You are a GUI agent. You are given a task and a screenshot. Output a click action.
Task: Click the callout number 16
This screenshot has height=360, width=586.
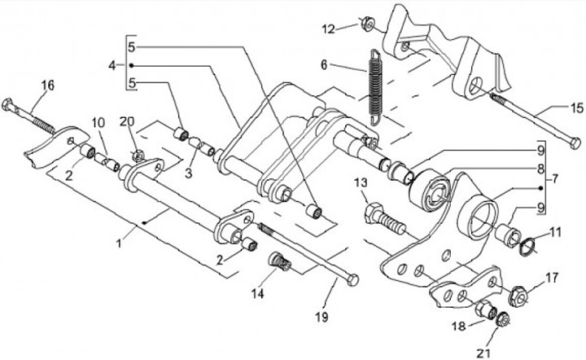click(x=48, y=86)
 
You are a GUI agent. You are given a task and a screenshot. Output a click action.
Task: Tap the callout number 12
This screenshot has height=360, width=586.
click(x=329, y=29)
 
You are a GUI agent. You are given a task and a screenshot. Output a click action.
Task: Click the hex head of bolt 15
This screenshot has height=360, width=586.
click(x=575, y=143)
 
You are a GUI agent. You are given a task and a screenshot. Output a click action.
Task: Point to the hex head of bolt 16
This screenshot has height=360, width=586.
click(x=8, y=105)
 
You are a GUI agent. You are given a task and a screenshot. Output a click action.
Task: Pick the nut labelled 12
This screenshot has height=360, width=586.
click(x=368, y=24)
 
